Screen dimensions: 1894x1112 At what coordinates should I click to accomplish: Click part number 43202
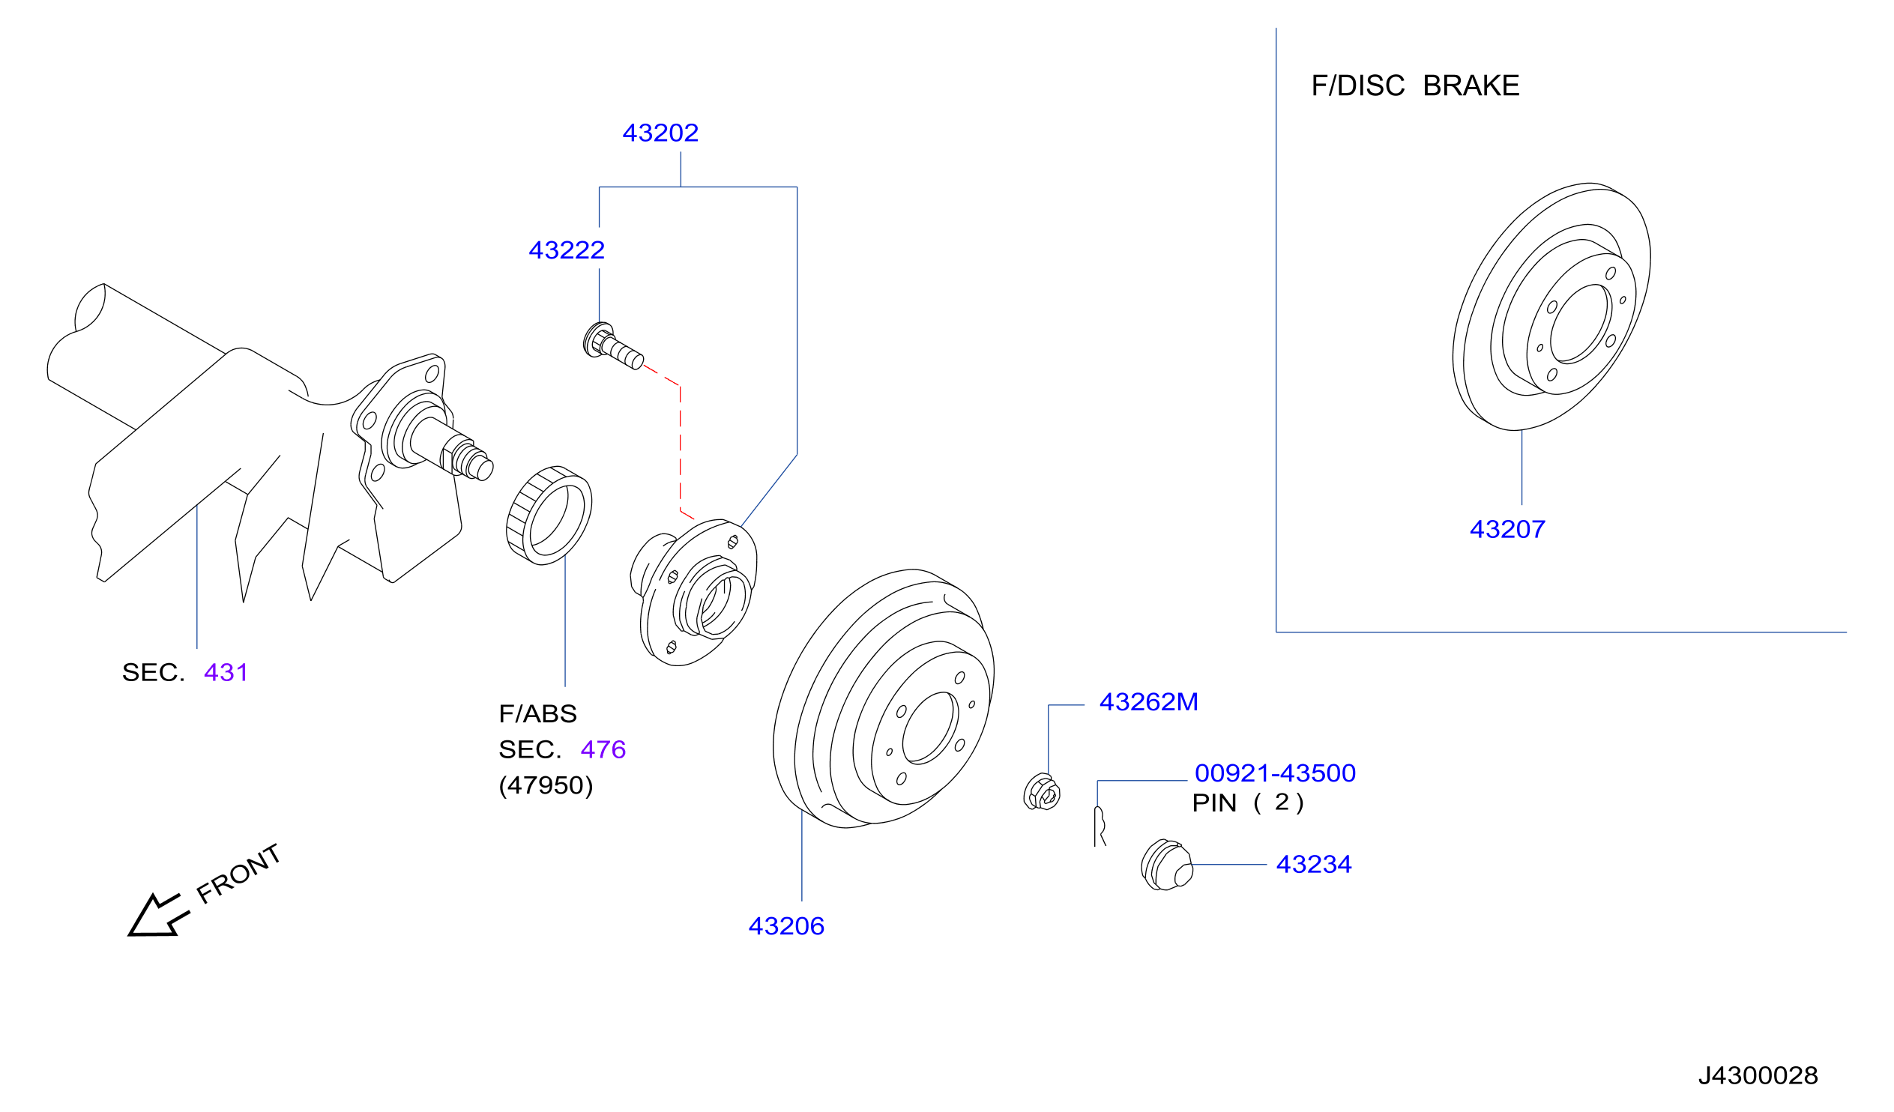(660, 133)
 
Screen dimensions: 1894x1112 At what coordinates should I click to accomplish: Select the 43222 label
(566, 250)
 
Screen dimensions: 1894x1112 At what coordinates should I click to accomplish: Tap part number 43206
(786, 926)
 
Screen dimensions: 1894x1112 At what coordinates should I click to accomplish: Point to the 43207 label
(1507, 530)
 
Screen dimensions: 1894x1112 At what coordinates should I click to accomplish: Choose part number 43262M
(1148, 702)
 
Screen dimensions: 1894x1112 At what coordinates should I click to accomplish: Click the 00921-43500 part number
(1275, 773)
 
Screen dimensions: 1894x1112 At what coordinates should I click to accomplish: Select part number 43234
(1314, 865)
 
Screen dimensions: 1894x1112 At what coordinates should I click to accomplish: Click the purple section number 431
(226, 672)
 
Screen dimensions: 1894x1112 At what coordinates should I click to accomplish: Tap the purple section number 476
(603, 749)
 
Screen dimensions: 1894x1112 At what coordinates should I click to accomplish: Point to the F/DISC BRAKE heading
(1415, 85)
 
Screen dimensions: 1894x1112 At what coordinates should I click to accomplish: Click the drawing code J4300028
(1758, 1075)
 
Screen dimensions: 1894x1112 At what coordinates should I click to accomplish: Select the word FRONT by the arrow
(238, 873)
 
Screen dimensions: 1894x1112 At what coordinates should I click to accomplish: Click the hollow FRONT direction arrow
(158, 916)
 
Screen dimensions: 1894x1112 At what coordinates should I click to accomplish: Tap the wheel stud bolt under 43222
(612, 345)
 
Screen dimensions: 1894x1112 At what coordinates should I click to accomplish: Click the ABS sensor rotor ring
(549, 516)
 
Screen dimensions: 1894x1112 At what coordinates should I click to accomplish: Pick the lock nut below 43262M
(1042, 792)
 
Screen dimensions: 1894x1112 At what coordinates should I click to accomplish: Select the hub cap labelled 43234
(1166, 865)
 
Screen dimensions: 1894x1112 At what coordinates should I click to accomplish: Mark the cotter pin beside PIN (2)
(1100, 826)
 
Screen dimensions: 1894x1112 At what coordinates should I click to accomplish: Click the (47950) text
(546, 785)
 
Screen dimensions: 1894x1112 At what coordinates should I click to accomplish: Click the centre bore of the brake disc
(1580, 324)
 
